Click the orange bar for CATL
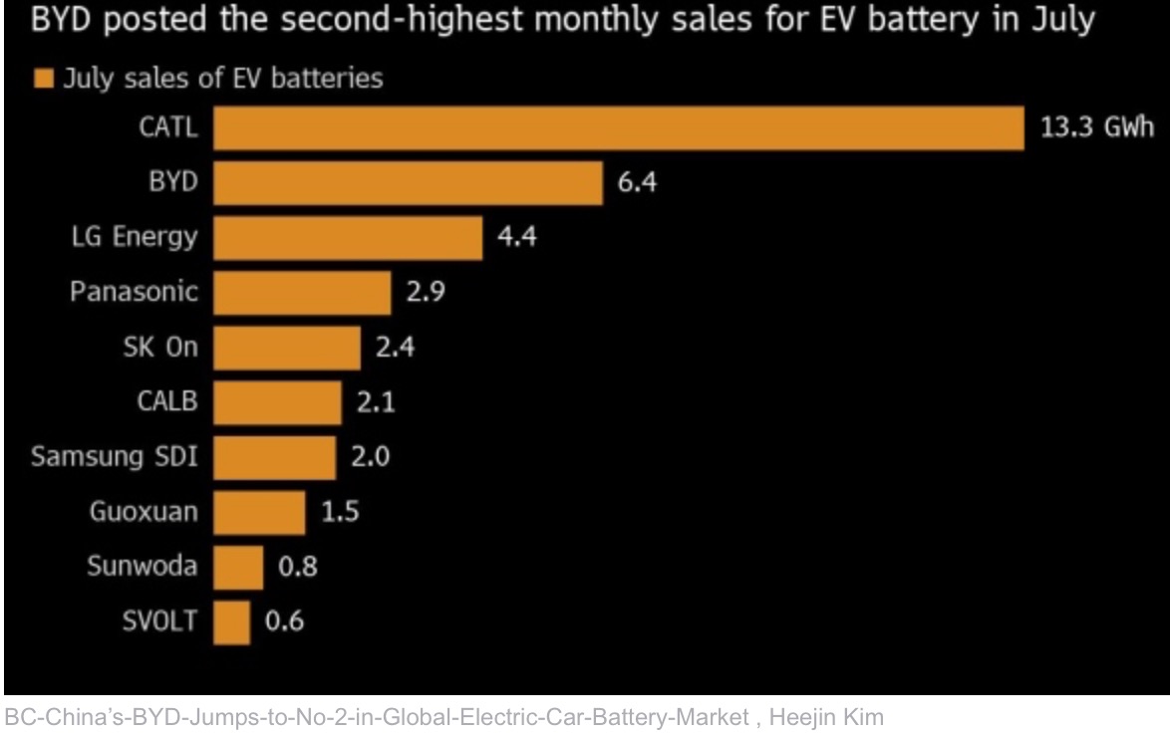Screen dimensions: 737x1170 618,128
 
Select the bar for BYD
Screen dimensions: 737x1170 408,183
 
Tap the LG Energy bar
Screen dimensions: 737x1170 348,238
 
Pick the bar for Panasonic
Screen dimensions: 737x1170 302,293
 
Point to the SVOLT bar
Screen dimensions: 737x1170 231,621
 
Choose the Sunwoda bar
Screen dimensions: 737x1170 238,567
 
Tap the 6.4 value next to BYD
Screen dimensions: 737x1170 638,183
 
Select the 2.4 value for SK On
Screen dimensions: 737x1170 395,348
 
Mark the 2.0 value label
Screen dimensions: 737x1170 370,457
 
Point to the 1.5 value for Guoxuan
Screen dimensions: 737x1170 340,512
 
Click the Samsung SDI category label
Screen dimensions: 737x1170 114,457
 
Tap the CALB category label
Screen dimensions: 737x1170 167,402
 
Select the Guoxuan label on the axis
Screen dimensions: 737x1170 144,512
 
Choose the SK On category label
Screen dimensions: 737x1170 158,348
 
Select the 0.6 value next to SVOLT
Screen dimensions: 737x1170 284,621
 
